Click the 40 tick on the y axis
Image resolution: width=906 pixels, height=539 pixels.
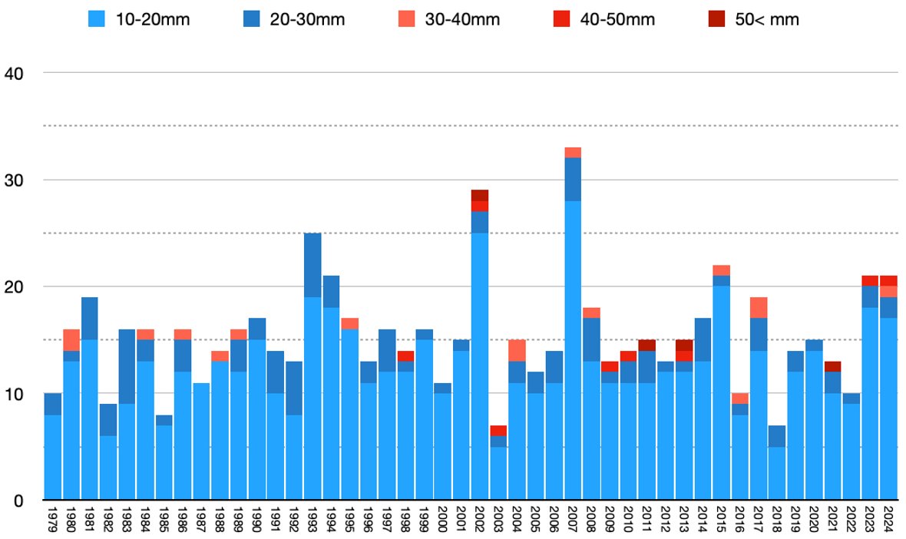coord(14,73)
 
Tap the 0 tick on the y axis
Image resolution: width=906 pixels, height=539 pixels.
coord(18,501)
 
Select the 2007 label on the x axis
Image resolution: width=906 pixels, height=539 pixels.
coord(573,520)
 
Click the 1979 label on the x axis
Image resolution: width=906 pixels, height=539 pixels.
coord(53,520)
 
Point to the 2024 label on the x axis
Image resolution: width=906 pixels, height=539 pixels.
coord(889,520)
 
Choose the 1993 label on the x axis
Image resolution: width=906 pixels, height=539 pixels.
coord(312,520)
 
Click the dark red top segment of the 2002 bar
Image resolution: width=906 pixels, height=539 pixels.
coord(480,195)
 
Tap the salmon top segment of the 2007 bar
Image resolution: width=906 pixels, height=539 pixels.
coord(573,152)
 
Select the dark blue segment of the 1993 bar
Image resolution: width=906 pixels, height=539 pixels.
coord(312,265)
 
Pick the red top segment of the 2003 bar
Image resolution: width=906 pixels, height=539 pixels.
coord(498,431)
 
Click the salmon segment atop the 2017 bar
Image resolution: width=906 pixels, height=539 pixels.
coord(759,308)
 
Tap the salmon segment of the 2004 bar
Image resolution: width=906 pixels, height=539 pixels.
coord(517,351)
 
